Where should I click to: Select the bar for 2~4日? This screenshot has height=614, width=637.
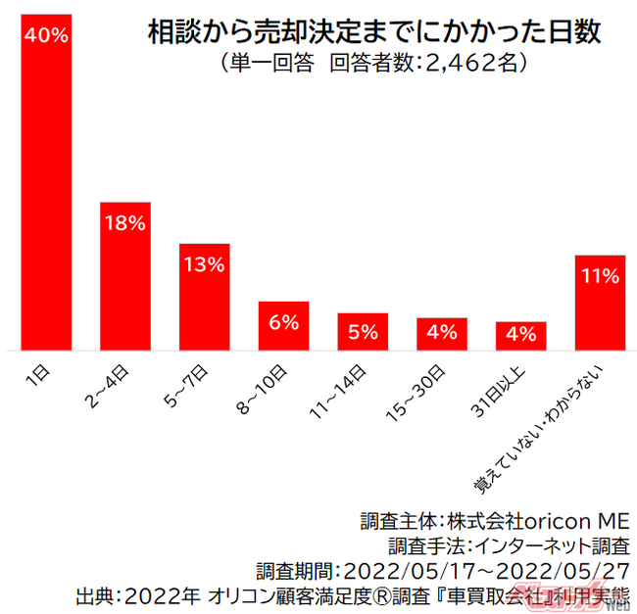tap(125, 276)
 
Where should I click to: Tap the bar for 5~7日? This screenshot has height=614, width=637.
tap(204, 297)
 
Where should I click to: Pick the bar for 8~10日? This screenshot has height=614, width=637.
tap(283, 326)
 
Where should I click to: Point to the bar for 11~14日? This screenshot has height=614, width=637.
tap(363, 332)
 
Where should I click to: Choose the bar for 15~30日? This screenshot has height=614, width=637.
tap(441, 334)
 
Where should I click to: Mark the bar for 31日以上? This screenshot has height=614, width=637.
tap(520, 336)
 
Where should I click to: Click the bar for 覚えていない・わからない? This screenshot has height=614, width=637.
tap(600, 303)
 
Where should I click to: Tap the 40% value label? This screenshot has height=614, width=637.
tap(46, 36)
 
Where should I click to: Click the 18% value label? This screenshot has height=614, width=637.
tap(125, 223)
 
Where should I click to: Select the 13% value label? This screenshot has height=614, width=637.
tap(204, 264)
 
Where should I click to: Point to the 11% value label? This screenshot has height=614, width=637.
tap(600, 276)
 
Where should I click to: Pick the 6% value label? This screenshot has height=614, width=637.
tap(283, 322)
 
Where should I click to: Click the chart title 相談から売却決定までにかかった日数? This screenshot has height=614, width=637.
tap(374, 32)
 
